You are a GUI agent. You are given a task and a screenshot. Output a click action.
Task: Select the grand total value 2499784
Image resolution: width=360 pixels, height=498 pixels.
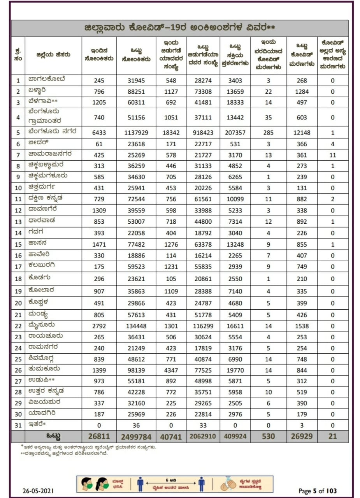pos(136,437)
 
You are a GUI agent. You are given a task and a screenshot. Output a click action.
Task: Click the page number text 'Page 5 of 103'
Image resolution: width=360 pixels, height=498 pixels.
pos(318,491)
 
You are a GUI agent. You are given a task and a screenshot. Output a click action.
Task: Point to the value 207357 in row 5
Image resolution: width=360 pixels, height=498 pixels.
pos(235,133)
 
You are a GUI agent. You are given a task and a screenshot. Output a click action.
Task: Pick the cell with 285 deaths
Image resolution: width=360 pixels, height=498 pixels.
pos(269,133)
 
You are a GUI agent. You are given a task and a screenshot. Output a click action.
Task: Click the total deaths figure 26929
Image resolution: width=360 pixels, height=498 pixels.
pos(302,437)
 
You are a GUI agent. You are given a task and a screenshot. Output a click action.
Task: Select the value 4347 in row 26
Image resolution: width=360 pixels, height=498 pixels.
pos(171,370)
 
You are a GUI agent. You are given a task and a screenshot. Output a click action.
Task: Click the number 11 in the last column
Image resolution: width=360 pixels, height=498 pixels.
pos(332,155)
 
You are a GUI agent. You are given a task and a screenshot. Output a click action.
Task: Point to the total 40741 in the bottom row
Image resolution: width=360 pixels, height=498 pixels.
pos(171,437)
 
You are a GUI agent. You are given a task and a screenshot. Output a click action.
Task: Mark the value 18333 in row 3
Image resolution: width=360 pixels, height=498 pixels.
pos(235,103)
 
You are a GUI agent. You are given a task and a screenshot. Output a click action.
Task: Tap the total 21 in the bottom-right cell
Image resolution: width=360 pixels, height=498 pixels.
pos(332,437)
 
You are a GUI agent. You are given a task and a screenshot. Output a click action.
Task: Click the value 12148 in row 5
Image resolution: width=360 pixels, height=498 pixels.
pos(302,133)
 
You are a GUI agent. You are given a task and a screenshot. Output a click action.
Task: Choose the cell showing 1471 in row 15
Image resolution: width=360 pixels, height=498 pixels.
pos(99,245)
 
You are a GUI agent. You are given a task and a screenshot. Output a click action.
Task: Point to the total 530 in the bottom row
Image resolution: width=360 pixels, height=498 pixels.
pos(269,437)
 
